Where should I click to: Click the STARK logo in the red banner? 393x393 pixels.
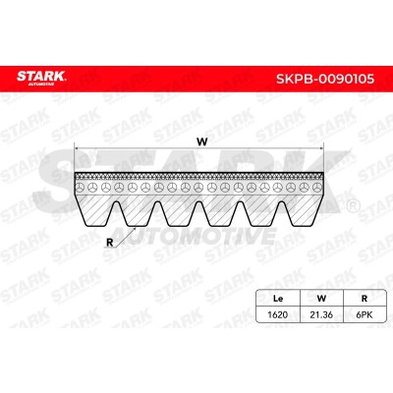point(41,79)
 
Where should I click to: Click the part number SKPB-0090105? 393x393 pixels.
point(325,79)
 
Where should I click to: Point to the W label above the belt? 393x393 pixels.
point(202,141)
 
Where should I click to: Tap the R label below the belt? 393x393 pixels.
point(109,243)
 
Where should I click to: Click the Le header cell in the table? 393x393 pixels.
point(278,299)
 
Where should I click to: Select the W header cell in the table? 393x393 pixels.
point(321,299)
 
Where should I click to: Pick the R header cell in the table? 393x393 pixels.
point(365,299)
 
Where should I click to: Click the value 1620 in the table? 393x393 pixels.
point(278,315)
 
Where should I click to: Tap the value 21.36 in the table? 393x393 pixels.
point(321,315)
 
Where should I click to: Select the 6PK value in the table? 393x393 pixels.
point(365,315)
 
